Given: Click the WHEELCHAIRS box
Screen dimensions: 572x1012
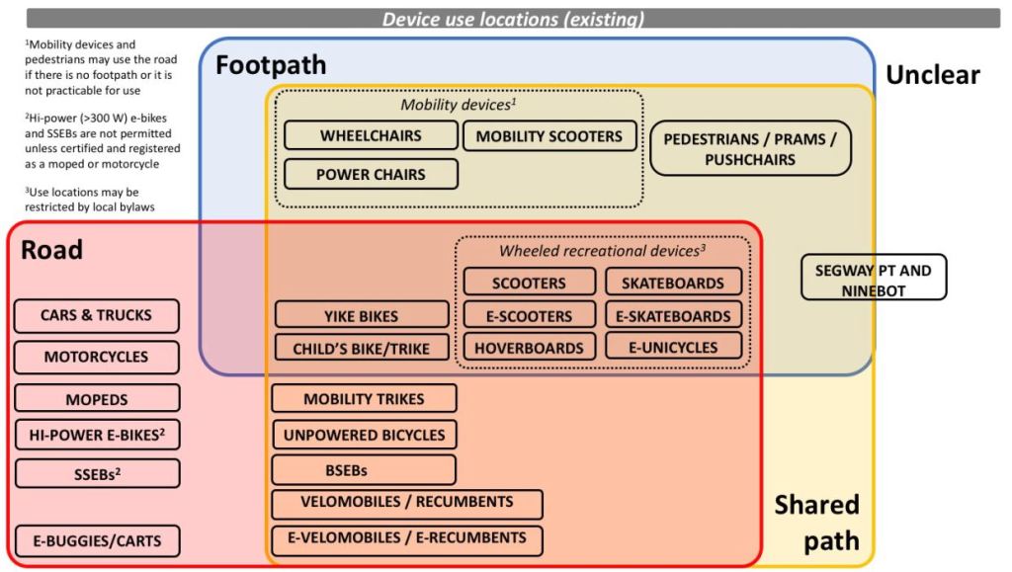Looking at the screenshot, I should point(371,136).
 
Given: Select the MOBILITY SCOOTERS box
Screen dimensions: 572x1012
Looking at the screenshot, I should point(549,136).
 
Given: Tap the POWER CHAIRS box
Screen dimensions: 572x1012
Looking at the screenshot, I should point(371,174).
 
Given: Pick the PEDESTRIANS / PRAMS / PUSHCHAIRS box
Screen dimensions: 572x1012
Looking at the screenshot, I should point(750,148).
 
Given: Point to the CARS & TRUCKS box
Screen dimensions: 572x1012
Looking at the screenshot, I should point(96,316).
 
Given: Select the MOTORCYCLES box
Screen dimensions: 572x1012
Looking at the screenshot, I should point(96,357).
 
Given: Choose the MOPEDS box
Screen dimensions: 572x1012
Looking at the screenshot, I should point(96,398).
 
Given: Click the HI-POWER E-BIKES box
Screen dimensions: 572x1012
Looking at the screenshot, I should point(96,434).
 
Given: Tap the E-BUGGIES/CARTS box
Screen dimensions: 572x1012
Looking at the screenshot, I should point(96,540).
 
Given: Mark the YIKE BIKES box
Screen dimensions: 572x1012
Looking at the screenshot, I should point(361,316).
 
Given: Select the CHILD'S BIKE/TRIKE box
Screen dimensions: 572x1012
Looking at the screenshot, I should point(361,348).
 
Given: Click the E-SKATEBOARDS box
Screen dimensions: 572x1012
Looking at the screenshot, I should point(673,316).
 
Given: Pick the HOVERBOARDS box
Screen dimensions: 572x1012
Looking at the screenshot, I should point(529,348).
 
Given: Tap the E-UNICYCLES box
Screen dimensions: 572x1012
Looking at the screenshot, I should point(673,347).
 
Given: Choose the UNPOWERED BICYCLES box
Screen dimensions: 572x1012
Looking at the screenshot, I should point(364,435).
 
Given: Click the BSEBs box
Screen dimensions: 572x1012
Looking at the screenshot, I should point(364,470).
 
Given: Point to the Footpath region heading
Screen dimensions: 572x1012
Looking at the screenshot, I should point(271,67).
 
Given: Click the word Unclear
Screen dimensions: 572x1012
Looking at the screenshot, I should point(932,75).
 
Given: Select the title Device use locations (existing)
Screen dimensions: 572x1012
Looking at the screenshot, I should point(513,19).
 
